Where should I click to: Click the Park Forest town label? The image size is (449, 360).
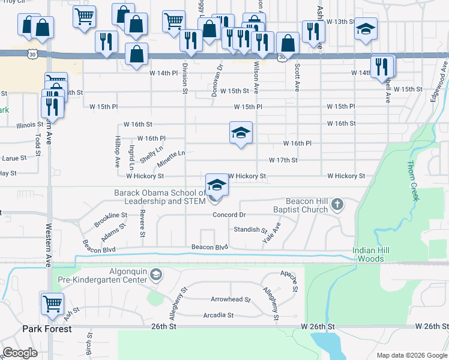[47, 329]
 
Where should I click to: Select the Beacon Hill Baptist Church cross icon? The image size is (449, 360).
[337, 205]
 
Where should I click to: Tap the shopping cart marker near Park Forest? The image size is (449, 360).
[52, 303]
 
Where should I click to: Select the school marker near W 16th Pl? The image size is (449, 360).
[241, 132]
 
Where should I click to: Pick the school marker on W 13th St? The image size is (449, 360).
[366, 28]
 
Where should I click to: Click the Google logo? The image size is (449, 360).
[20, 353]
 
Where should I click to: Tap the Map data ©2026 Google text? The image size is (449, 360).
[412, 355]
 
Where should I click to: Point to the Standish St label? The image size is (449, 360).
[250, 230]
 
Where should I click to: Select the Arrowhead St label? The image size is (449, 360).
[231, 299]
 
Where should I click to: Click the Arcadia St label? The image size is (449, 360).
[218, 315]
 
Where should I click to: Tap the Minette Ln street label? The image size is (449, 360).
[171, 159]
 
